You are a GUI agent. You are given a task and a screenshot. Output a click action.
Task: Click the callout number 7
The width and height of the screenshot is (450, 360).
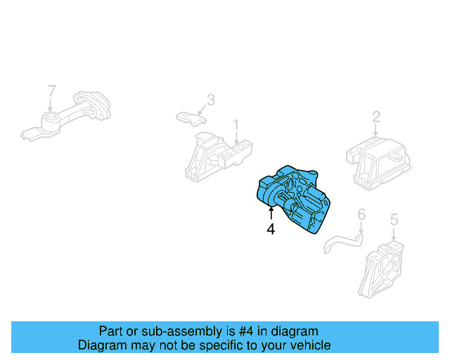click(51, 90)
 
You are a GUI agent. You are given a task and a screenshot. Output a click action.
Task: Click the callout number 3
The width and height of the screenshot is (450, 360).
click(210, 100)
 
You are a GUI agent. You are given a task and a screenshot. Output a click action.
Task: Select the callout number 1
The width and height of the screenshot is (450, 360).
click(236, 124)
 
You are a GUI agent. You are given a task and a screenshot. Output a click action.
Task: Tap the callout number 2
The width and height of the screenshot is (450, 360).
click(376, 117)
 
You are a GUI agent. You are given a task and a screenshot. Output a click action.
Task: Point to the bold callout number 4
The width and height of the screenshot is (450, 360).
click(271, 229)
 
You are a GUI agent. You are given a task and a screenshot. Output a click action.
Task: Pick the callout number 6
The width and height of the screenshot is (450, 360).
click(361, 214)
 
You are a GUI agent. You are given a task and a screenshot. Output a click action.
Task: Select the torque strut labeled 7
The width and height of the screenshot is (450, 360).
click(70, 116)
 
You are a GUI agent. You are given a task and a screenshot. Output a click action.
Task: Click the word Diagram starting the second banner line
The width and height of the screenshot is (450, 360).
click(101, 345)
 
